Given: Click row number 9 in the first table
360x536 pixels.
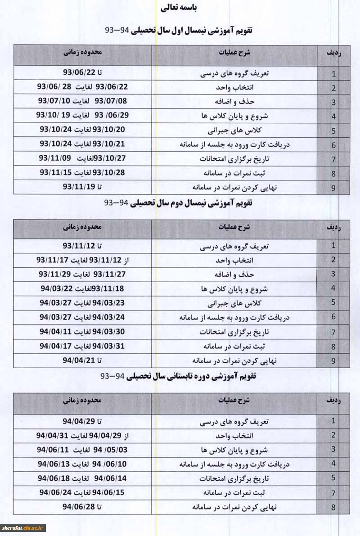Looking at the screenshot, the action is point(333,188).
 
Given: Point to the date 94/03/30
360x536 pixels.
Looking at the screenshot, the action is point(108,332).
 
